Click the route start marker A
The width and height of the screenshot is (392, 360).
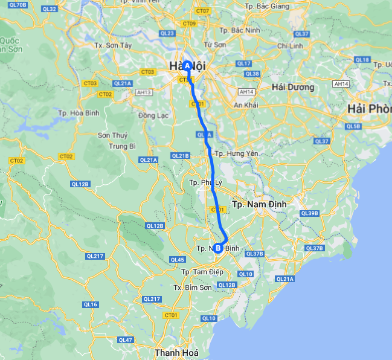[187, 65]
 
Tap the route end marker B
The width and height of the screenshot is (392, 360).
[217, 247]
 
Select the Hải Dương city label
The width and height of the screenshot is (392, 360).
[293, 87]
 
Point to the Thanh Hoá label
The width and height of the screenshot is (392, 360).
[175, 352]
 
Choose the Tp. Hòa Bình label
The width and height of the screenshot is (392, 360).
[79, 112]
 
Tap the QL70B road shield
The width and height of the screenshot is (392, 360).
[19, 5]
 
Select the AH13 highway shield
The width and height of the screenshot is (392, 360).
[144, 92]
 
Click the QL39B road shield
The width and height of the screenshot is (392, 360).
[309, 213]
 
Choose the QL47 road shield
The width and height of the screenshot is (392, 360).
[126, 340]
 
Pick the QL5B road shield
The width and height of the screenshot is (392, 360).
[353, 126]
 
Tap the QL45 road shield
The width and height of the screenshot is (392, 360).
[177, 260]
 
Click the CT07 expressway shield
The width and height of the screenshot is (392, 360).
[203, 11]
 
